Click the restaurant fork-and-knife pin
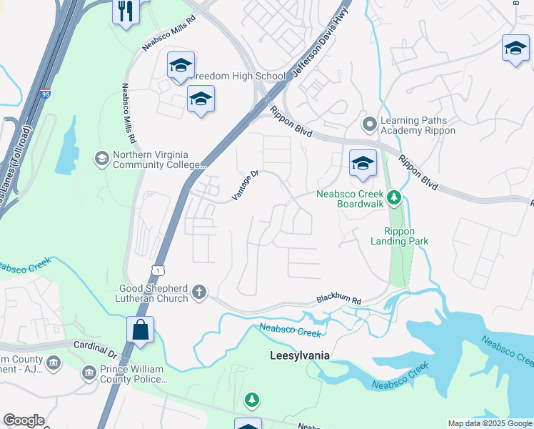point(126,11)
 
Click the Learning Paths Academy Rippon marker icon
point(369,125)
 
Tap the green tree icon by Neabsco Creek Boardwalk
point(393,197)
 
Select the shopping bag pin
point(141,330)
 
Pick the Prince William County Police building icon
point(89,373)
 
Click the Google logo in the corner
point(24,420)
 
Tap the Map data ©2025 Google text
point(489,423)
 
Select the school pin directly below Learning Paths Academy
point(362,164)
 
